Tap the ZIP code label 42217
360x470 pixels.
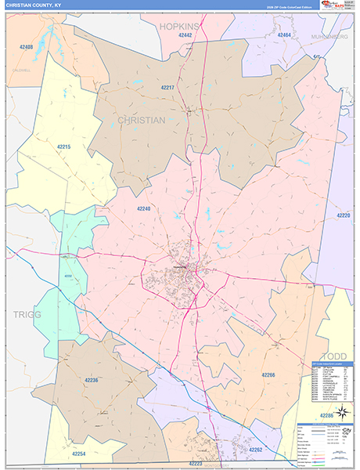click(x=167, y=88)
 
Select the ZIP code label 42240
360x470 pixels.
click(x=143, y=208)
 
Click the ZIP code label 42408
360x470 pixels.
click(x=26, y=47)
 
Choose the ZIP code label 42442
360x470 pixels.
click(x=185, y=35)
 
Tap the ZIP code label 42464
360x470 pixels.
click(x=284, y=35)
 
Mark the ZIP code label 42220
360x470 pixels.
click(x=344, y=215)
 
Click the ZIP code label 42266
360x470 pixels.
click(x=268, y=375)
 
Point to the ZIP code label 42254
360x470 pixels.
click(x=79, y=454)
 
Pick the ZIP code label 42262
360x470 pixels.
click(x=256, y=450)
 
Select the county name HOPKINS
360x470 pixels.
click(x=180, y=26)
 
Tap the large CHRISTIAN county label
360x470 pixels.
click(x=142, y=120)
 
